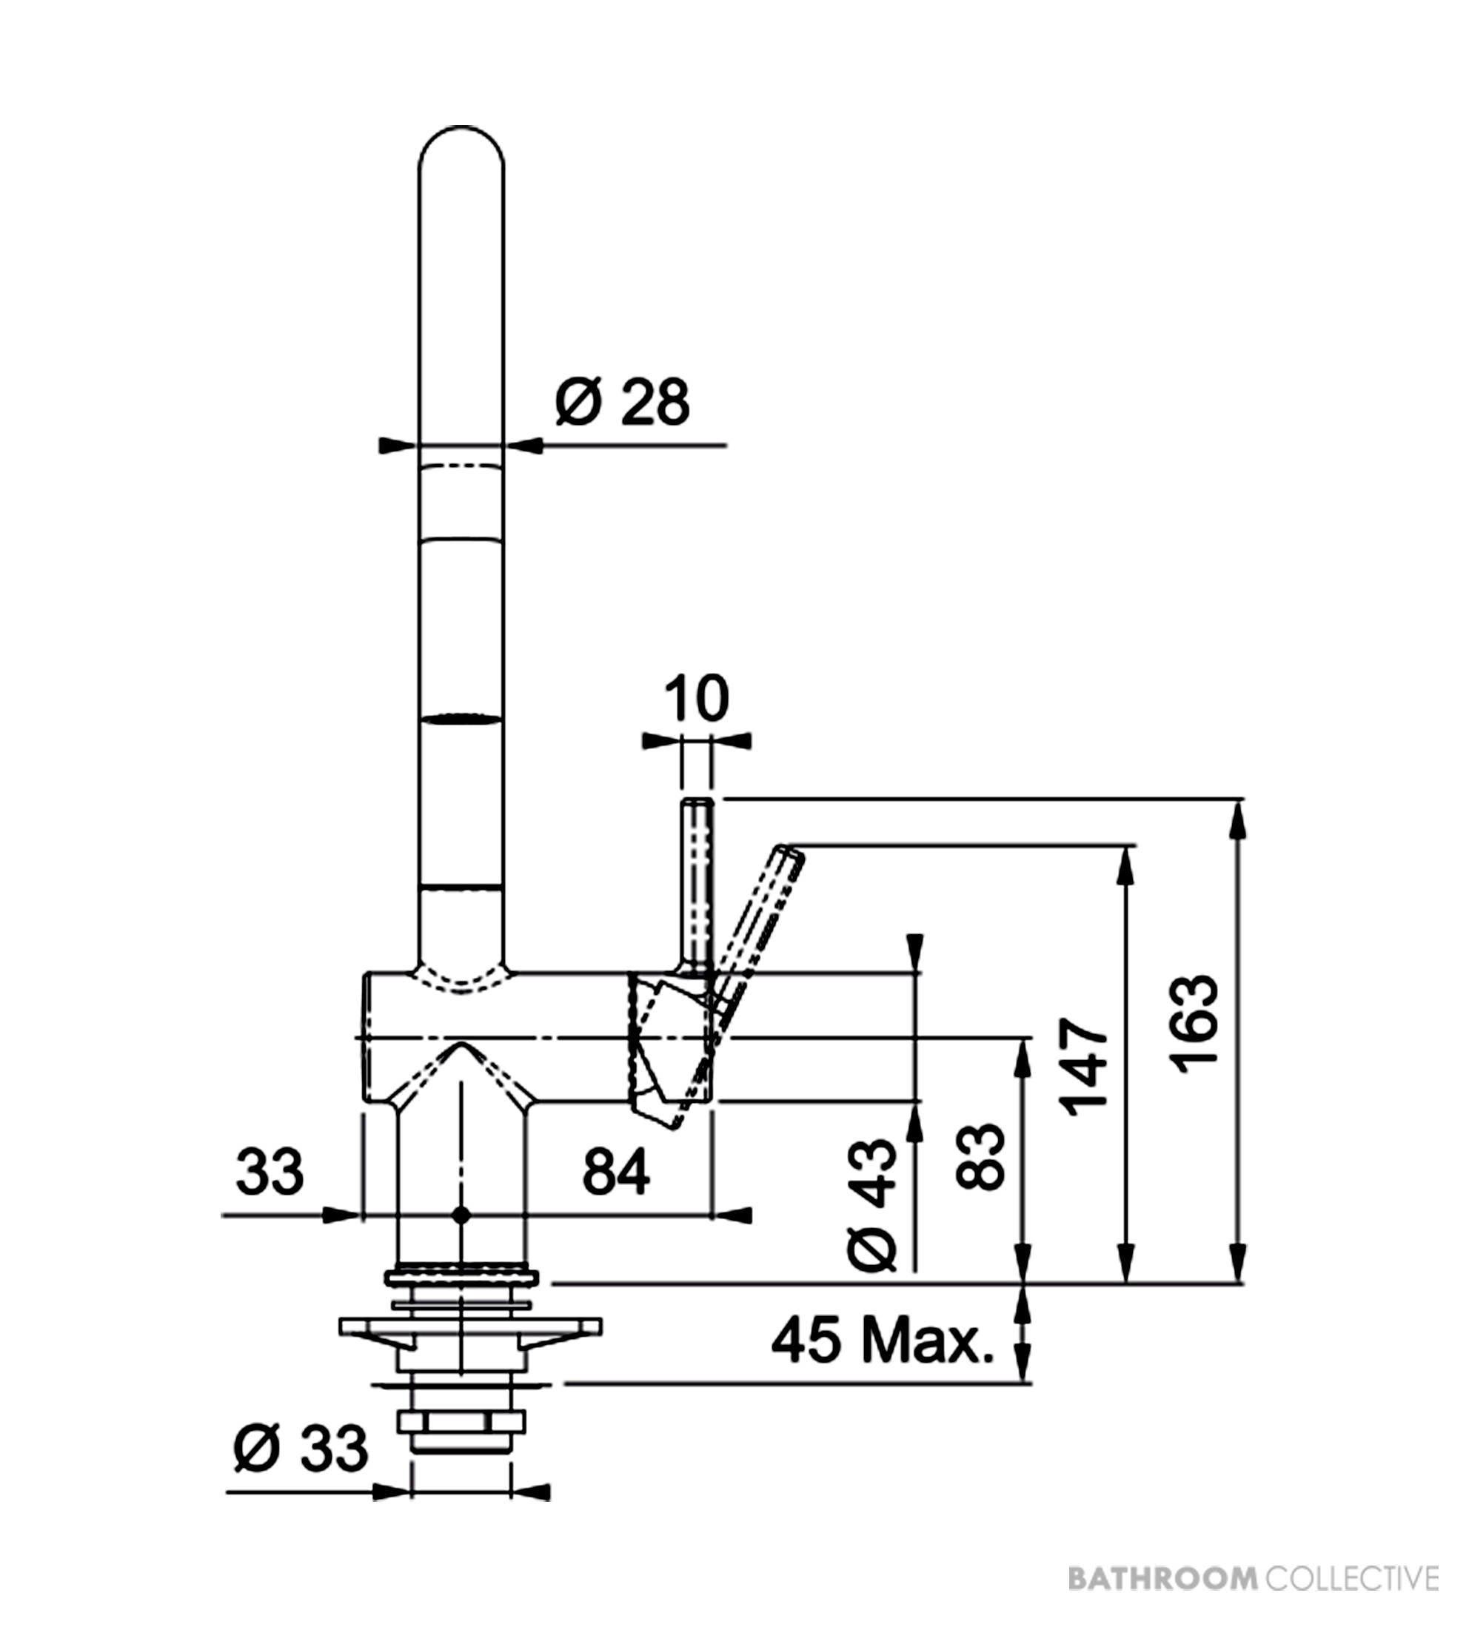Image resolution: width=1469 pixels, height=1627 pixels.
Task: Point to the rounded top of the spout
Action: pyautogui.click(x=461, y=129)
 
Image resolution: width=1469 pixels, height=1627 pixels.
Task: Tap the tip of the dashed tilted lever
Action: pyautogui.click(x=790, y=850)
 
